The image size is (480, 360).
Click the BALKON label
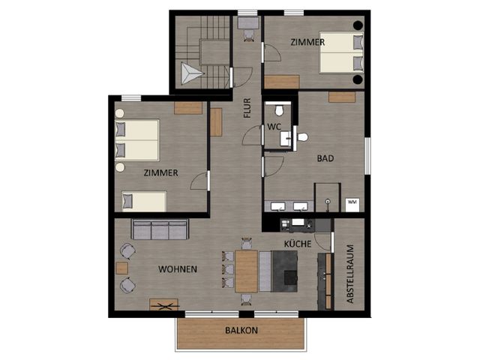click(x=241, y=330)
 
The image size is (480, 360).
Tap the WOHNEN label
click(x=178, y=268)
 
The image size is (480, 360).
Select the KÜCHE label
click(x=297, y=244)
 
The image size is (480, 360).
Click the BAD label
click(x=325, y=158)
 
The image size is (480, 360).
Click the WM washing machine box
click(x=352, y=203)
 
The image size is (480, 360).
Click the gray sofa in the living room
click(x=159, y=229)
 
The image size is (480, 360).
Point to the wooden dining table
click(x=246, y=271)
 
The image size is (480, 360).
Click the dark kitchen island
click(x=285, y=269)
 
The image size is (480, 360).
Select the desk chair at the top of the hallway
click(x=247, y=22)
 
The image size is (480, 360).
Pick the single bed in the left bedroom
click(x=143, y=201)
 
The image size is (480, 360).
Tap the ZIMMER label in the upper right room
click(x=309, y=43)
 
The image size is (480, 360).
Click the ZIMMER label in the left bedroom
click(x=161, y=172)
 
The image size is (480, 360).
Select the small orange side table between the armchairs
click(x=121, y=268)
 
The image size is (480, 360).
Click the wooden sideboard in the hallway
click(x=216, y=121)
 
